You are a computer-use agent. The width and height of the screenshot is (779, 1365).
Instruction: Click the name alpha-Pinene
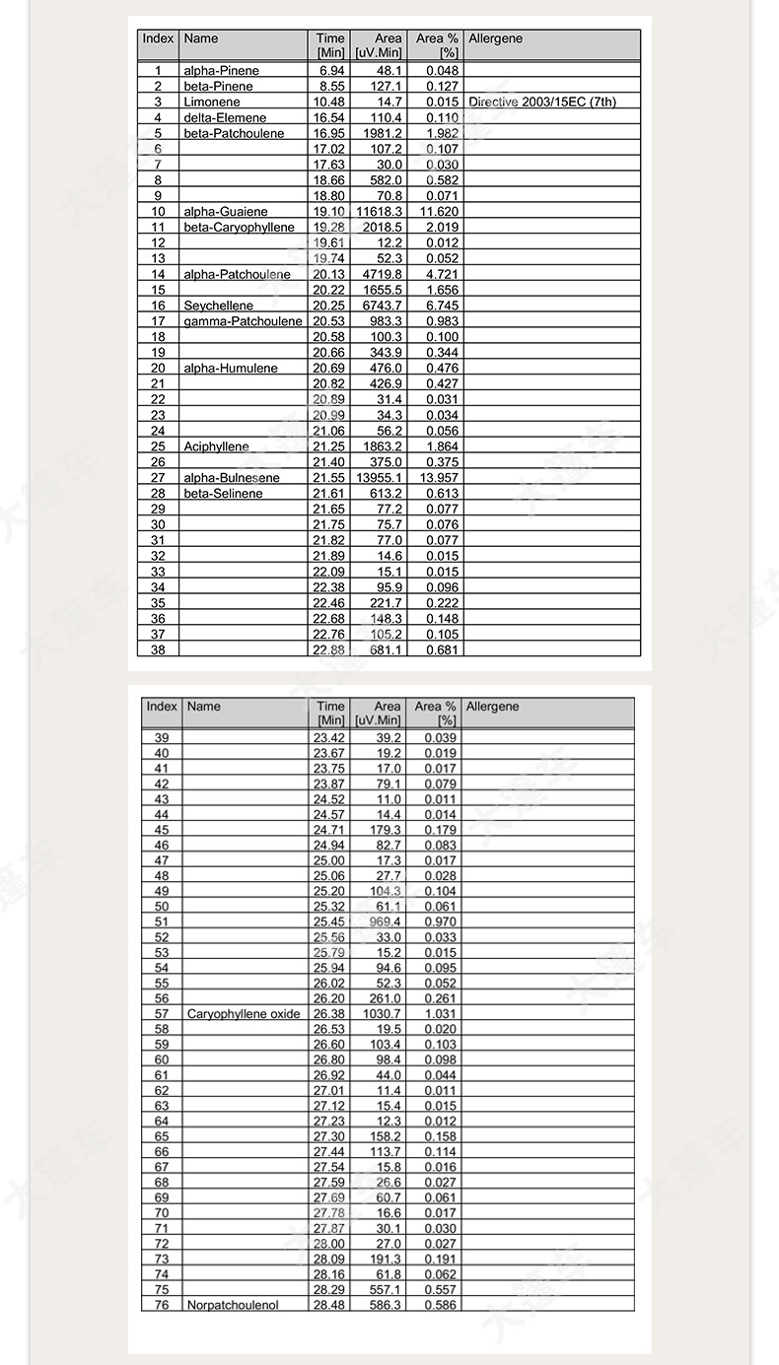[221, 71]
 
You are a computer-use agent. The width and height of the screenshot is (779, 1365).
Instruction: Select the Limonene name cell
[211, 102]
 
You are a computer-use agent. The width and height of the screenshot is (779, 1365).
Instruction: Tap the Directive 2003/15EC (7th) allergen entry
[542, 102]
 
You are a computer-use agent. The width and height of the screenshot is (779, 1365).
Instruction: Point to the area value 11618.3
[379, 212]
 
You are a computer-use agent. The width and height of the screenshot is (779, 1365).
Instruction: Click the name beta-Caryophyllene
[239, 228]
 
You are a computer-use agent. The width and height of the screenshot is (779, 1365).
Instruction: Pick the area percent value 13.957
[435, 478]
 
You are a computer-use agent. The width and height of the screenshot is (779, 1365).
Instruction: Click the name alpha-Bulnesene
[231, 478]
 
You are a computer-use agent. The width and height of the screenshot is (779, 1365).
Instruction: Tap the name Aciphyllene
[216, 446]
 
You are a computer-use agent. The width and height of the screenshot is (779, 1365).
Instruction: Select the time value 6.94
[331, 71]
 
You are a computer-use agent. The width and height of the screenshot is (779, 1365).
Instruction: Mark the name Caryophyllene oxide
[244, 1014]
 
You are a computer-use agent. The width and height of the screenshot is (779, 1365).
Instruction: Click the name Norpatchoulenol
[233, 1305]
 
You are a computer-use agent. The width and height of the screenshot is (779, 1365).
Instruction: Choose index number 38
[158, 650]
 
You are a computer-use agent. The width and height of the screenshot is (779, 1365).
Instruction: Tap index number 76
[162, 1305]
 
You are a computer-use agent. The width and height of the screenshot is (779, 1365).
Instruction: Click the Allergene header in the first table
[495, 39]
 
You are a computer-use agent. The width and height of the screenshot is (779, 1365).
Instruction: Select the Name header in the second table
[203, 707]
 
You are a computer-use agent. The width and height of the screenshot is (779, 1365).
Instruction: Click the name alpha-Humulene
[230, 369]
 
